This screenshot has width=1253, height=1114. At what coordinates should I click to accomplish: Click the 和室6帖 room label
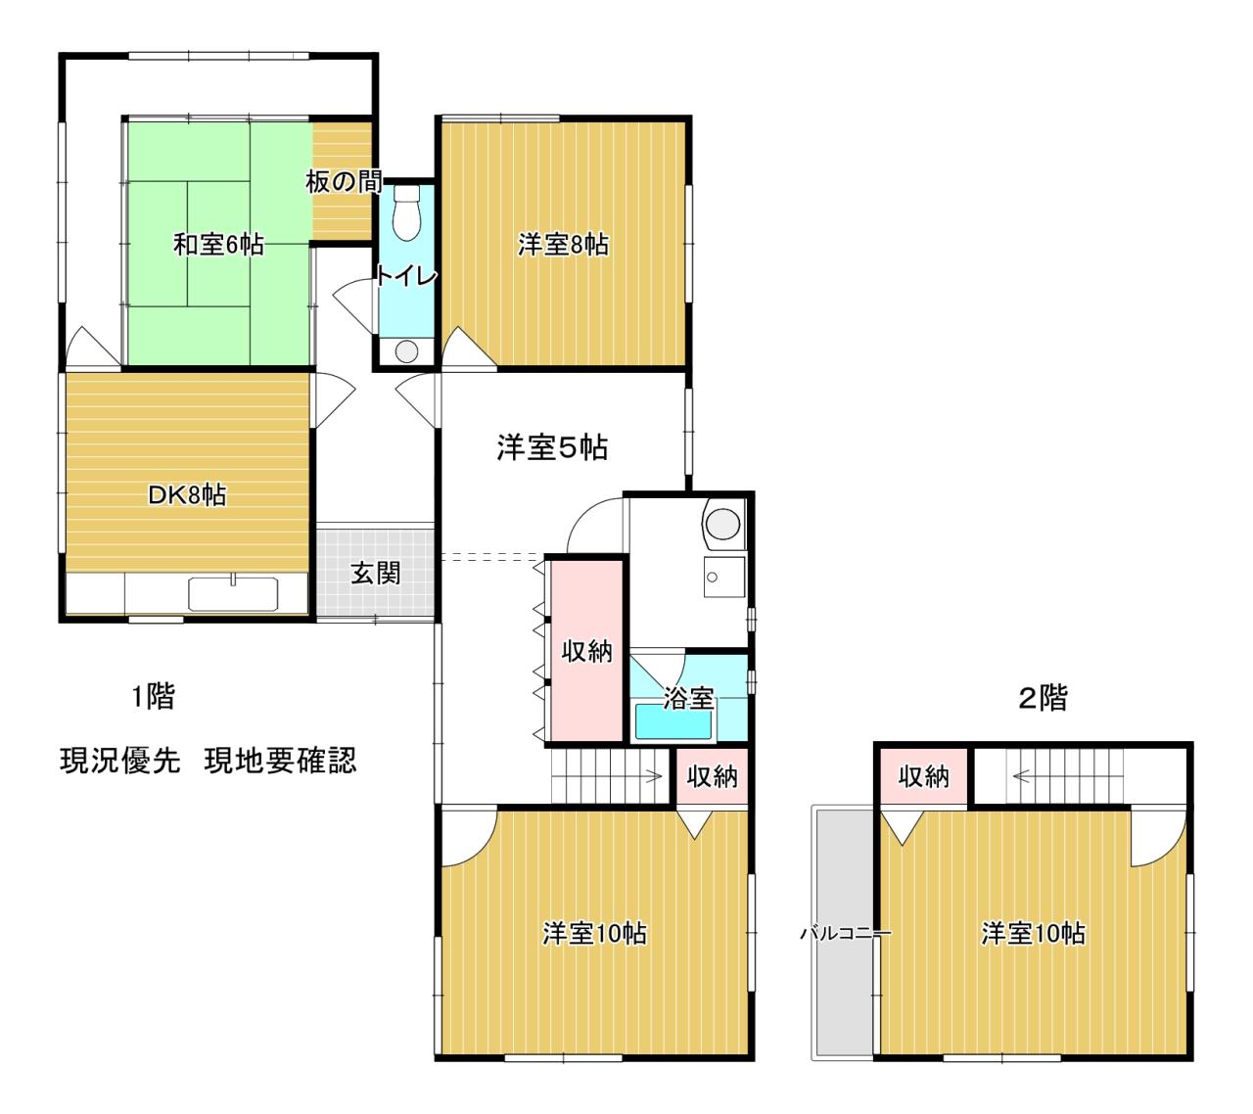point(218,245)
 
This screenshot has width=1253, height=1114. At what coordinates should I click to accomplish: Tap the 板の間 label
point(344,182)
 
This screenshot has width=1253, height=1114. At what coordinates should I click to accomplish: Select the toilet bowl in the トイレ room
point(406,212)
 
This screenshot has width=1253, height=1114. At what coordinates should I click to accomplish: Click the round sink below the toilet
point(406,352)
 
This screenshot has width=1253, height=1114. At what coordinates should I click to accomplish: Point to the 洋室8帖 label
point(563,245)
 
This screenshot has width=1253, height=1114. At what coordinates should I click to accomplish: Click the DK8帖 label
point(187,494)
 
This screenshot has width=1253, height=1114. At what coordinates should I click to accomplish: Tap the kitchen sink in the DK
point(233,594)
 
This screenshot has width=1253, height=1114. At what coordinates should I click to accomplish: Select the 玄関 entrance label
point(375,573)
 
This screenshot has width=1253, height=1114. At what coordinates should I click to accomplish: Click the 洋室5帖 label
point(552,447)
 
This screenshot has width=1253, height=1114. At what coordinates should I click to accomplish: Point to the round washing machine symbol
point(722,524)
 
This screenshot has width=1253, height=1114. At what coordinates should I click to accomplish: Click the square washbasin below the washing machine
point(723,577)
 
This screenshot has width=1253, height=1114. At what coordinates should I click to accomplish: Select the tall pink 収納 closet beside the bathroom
point(586,650)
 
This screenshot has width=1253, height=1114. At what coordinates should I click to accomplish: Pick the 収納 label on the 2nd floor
point(923,776)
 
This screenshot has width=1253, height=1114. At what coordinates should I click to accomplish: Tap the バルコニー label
point(846,932)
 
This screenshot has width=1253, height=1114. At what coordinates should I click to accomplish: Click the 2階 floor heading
point(1043,698)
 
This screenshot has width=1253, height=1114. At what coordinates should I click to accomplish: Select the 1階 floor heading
point(153,696)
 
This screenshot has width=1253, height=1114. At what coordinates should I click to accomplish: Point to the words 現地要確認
point(280,761)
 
